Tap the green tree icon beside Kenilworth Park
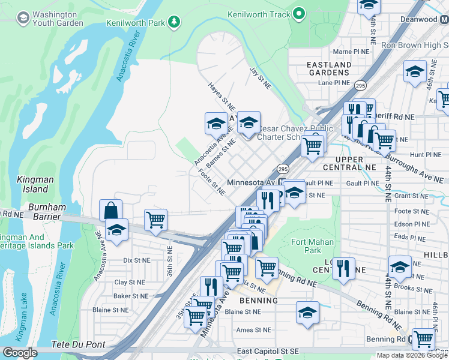[174, 23]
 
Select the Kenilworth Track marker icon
[300, 14]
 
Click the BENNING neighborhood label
[259, 300]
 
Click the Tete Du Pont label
[79, 345]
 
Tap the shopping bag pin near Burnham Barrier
[110, 211]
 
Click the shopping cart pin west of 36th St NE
[155, 220]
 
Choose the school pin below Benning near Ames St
[307, 313]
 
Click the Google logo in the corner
[19, 353]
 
